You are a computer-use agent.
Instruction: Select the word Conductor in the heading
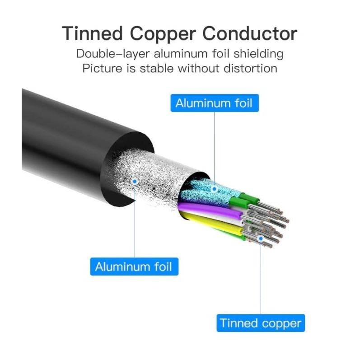point(250,33)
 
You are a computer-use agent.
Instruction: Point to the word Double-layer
point(112,53)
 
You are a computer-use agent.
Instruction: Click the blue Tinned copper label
point(260,323)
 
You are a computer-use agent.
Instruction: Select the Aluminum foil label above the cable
point(215,103)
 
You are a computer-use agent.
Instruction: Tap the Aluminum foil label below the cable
point(134,266)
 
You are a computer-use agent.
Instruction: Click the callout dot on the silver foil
point(135,182)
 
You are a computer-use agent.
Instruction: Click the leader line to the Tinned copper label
point(260,280)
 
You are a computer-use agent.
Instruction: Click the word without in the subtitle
point(199,68)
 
